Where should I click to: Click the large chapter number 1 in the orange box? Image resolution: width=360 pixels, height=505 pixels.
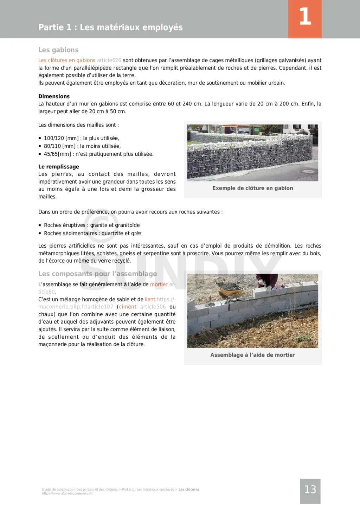pyautogui.click(x=305, y=17)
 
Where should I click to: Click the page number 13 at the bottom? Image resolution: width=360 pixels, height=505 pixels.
pyautogui.click(x=310, y=490)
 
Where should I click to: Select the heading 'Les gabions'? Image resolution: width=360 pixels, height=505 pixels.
pyautogui.click(x=58, y=50)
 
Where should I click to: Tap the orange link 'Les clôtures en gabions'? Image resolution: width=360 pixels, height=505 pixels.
pyautogui.click(x=67, y=60)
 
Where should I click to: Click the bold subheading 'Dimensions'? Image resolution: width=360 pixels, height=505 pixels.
pyautogui.click(x=54, y=96)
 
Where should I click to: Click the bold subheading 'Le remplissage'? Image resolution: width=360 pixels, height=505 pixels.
pyautogui.click(x=59, y=167)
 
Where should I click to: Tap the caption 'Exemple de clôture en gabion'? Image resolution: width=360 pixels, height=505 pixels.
pyautogui.click(x=252, y=188)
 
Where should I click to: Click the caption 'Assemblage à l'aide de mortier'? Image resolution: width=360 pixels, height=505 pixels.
pyautogui.click(x=252, y=355)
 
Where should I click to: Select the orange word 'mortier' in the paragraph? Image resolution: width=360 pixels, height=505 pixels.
pyautogui.click(x=159, y=285)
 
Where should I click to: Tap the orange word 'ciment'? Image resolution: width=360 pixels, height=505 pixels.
pyautogui.click(x=128, y=307)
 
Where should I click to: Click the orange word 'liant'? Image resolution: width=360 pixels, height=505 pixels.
pyautogui.click(x=150, y=300)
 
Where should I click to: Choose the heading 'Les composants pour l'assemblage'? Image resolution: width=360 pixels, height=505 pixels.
pyautogui.click(x=97, y=274)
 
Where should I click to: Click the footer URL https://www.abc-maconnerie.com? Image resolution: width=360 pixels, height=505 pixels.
pyautogui.click(x=67, y=494)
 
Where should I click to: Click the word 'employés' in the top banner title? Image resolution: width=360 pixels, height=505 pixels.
pyautogui.click(x=164, y=27)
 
